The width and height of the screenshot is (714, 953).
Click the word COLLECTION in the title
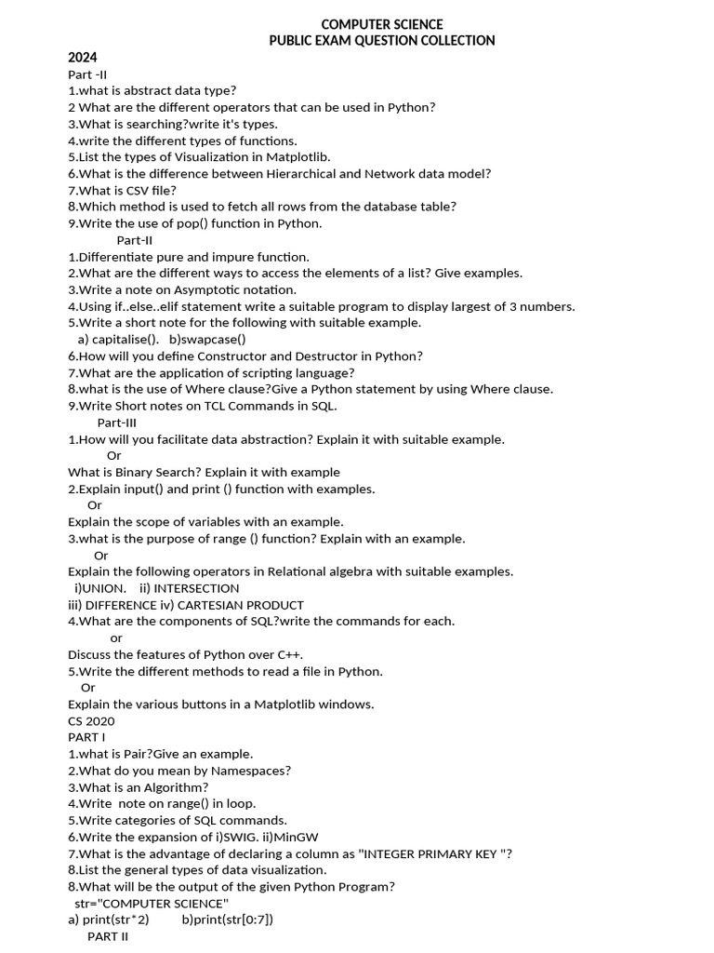point(454,41)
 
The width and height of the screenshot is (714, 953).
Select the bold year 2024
point(82,58)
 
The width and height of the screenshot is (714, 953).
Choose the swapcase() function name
point(215,340)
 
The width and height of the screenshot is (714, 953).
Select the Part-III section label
point(116,423)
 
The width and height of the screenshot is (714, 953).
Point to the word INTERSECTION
point(196,588)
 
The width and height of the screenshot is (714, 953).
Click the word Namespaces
point(248,771)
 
